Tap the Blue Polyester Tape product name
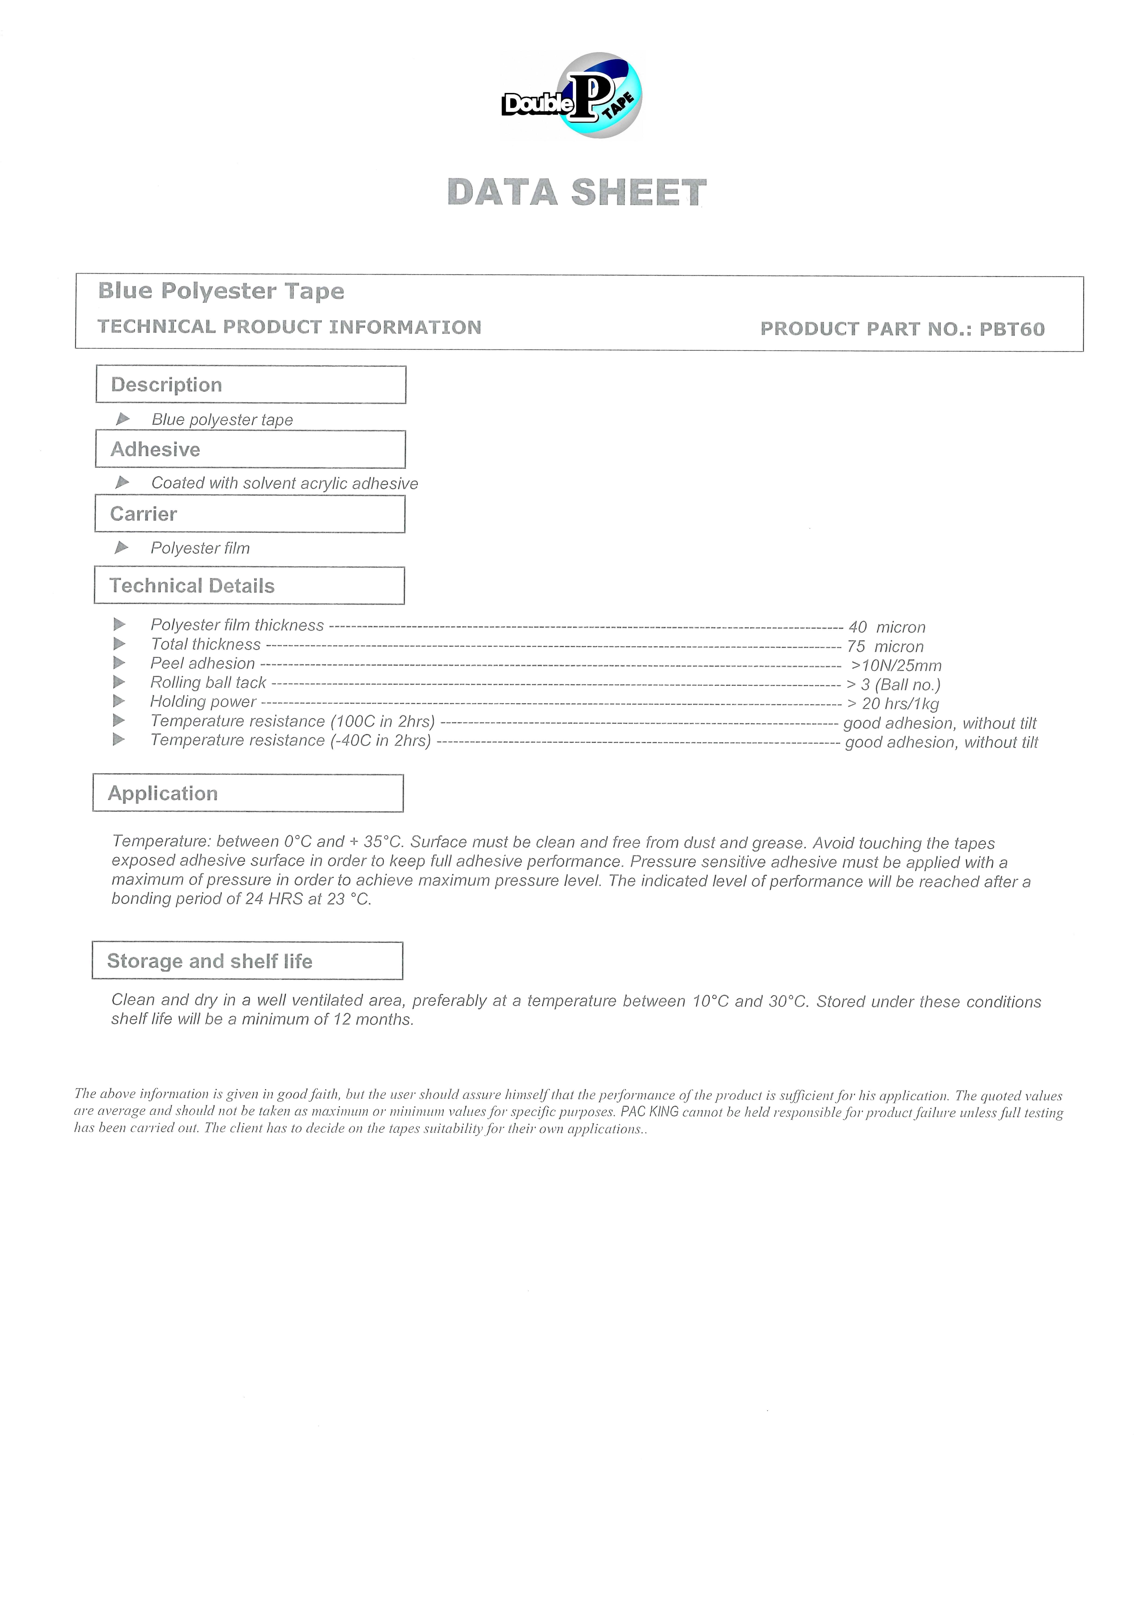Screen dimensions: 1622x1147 [x=221, y=291]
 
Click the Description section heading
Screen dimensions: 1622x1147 [x=167, y=385]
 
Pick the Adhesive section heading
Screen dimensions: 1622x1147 [x=155, y=450]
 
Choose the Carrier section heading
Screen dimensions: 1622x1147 [x=144, y=514]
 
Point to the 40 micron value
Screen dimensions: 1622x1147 [x=887, y=627]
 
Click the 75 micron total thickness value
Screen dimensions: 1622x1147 [x=885, y=646]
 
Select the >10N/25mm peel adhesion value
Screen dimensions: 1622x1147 [x=896, y=666]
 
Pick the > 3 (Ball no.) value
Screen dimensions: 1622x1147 [x=893, y=685]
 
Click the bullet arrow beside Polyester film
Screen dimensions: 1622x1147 [x=122, y=547]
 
